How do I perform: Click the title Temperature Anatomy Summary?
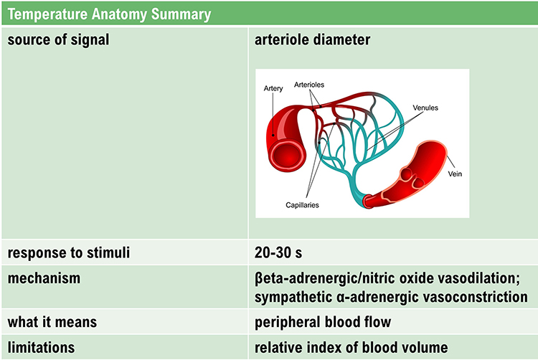tap(109, 14)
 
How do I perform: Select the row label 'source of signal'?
tap(58, 39)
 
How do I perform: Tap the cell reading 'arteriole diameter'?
tap(312, 39)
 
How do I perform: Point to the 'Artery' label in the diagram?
tap(273, 88)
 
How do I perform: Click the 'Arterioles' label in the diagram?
tap(308, 85)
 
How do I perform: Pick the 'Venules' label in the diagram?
tap(425, 108)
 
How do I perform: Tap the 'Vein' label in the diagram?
tap(455, 174)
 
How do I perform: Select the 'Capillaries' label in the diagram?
tap(302, 205)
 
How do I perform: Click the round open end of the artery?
tap(286, 156)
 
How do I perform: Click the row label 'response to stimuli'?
tap(69, 253)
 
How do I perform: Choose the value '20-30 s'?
tap(278, 252)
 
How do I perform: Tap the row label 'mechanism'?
tap(44, 278)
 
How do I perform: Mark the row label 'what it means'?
tap(52, 322)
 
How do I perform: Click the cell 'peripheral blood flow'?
tap(323, 322)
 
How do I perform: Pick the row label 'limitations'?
tap(41, 348)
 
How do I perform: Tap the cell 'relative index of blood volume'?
tap(351, 348)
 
